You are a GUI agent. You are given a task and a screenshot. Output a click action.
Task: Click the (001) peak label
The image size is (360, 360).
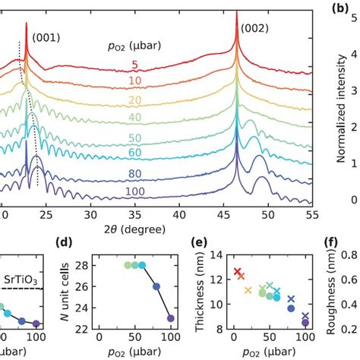click(46, 36)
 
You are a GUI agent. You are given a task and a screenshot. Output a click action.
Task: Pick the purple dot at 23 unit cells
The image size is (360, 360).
click(170, 318)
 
